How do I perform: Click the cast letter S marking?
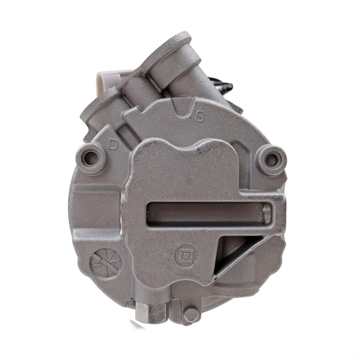pos(199,116)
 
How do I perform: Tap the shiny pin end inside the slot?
pos(267,213)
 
